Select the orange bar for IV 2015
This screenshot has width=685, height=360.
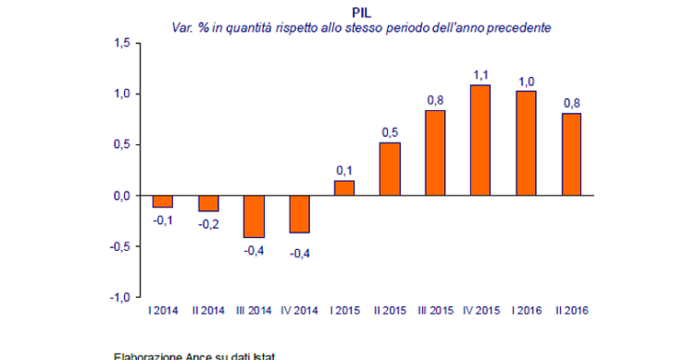point(480,140)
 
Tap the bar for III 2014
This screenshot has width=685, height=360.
point(254,217)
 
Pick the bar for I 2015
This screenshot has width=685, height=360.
point(344,188)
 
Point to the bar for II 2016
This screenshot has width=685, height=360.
point(570,155)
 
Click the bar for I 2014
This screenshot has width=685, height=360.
point(163,201)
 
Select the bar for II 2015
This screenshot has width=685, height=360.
point(390,168)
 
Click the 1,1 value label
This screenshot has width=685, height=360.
point(480,74)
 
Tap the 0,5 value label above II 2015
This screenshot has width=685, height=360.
point(390,131)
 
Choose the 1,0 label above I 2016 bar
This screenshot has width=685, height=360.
point(526,80)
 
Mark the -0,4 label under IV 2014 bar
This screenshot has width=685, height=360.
point(299,254)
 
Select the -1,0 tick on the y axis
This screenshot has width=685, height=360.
point(120,297)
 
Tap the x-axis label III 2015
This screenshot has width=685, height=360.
point(435,310)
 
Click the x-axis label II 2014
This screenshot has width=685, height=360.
point(208,310)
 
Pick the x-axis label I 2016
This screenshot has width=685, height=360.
point(526,310)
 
